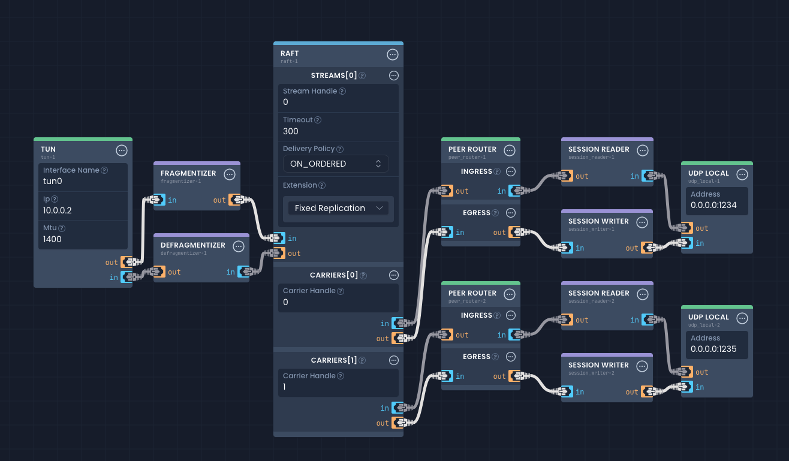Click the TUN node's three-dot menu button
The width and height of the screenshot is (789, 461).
[121, 150]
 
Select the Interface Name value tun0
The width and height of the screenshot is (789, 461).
[53, 181]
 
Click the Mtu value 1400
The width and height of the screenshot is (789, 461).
[53, 239]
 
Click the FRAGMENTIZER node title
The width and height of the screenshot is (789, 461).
[188, 173]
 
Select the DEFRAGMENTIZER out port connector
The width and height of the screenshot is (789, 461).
[158, 272]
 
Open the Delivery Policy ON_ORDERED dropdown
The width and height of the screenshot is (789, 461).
[336, 164]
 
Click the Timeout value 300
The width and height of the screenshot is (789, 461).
[291, 131]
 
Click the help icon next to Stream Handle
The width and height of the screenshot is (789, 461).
[342, 91]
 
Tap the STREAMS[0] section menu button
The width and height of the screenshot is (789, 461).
[394, 76]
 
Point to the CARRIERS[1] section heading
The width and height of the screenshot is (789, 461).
[333, 360]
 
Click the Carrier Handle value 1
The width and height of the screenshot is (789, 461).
[285, 387]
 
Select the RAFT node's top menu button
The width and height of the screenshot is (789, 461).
[393, 55]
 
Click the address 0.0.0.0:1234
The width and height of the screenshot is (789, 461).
[713, 205]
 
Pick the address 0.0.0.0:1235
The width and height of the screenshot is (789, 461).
[713, 349]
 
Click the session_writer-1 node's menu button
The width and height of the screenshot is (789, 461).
[642, 222]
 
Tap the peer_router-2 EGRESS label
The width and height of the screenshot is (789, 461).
[477, 357]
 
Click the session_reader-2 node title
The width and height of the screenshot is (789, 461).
[598, 293]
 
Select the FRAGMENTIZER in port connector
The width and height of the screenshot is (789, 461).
[159, 200]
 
